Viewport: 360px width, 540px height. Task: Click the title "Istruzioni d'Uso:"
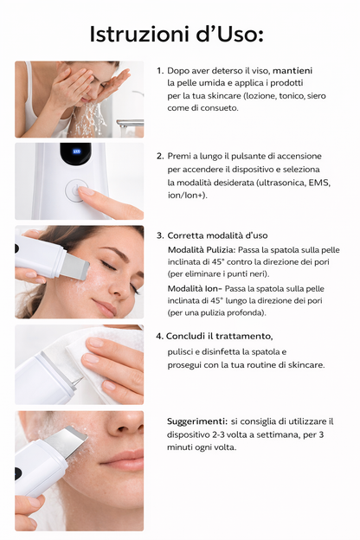pos(177,34)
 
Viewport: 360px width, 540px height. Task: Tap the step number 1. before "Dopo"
pos(160,70)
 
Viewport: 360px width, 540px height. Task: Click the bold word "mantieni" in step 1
pos(293,70)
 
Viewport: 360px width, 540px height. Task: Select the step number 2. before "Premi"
pos(160,157)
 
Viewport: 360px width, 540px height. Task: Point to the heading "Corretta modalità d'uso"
pos(217,235)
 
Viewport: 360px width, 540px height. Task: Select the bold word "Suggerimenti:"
pos(196,421)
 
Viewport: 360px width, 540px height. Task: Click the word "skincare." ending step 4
pos(301,365)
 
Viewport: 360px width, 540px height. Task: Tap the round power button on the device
pos(78,190)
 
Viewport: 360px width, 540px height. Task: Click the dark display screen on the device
pos(76,153)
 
